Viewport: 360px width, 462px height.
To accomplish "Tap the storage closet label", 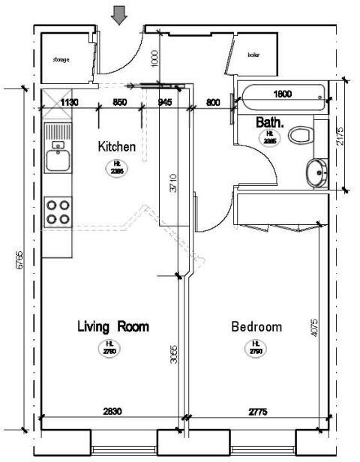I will coord(61,58).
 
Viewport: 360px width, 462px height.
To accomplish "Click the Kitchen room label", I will coord(117,147).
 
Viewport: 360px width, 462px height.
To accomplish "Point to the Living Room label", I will coord(113,327).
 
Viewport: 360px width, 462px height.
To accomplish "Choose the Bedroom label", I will coord(256,327).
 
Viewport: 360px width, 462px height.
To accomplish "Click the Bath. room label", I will coord(268,121).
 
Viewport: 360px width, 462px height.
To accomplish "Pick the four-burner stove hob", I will coord(58,211).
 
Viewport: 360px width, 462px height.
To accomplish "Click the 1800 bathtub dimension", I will coord(282,94).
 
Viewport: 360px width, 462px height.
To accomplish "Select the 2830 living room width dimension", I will coord(112,412).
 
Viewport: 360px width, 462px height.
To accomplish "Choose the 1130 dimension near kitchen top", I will coord(70,102).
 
